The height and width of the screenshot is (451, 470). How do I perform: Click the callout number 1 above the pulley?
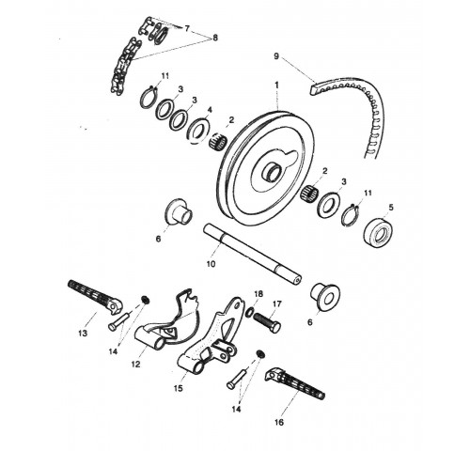[276, 85]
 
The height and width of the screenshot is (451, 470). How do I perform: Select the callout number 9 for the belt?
[276, 56]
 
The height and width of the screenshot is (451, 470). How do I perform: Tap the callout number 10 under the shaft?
[211, 264]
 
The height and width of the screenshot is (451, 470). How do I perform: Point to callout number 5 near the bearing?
[391, 208]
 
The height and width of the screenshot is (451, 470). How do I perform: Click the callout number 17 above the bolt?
[277, 303]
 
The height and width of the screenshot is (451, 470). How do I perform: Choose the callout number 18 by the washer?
[258, 294]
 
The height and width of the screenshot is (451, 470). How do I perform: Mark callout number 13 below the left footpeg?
[83, 334]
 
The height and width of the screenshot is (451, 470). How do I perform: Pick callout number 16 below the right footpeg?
[279, 422]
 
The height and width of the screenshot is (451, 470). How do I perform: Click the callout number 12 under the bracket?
[136, 365]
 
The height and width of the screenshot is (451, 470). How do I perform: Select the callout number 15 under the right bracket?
[178, 388]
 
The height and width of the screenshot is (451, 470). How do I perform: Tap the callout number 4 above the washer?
[210, 110]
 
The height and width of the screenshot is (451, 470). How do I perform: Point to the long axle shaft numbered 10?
[253, 255]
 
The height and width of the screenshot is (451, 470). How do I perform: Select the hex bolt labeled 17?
[266, 322]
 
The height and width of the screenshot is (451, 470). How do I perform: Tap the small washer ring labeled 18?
[249, 312]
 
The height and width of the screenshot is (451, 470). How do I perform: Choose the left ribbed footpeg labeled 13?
[95, 297]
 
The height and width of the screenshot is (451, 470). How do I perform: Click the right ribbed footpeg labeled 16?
[294, 383]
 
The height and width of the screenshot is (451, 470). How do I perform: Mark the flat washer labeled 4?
[197, 131]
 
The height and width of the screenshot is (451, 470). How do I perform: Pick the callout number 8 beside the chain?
[215, 38]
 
